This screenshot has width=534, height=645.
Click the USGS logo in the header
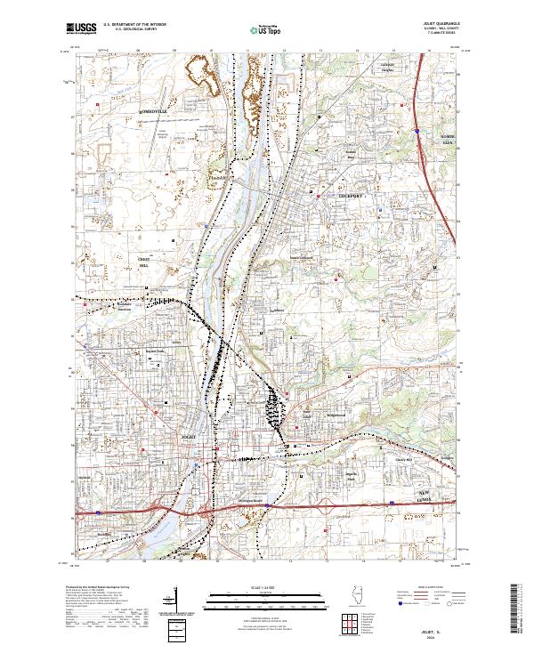coord(82,28)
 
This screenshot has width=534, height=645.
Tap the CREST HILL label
coord(142,261)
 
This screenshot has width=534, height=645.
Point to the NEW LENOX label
coord(431,496)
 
